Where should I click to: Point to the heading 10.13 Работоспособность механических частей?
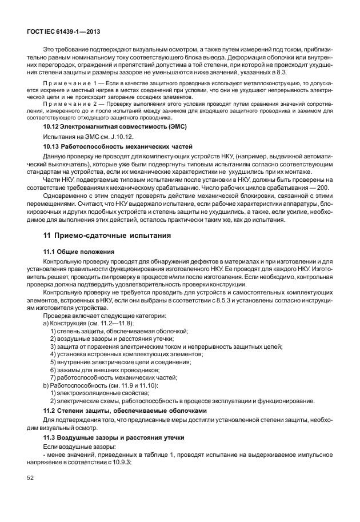(x=118, y=148)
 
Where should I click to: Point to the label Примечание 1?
(x=68, y=83)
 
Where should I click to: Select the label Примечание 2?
(x=68, y=104)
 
